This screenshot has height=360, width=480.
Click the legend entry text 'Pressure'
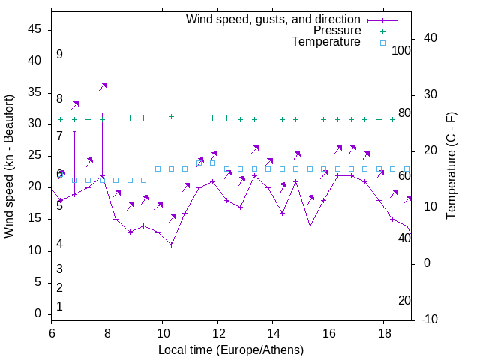[337, 31]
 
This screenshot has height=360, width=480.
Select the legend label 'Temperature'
[326, 42]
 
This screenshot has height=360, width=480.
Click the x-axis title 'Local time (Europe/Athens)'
[231, 350]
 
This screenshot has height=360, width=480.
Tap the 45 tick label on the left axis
[34, 29]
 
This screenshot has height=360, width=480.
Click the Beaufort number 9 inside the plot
[59, 55]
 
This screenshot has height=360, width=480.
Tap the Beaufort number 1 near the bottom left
[59, 306]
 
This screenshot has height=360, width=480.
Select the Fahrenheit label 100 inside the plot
[401, 51]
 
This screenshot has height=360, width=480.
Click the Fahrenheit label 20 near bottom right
[404, 300]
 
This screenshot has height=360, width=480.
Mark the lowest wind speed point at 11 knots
[171, 244]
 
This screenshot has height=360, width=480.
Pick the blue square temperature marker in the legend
[382, 43]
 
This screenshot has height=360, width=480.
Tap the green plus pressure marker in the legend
[382, 31]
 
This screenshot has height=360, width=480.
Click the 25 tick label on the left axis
[34, 155]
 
